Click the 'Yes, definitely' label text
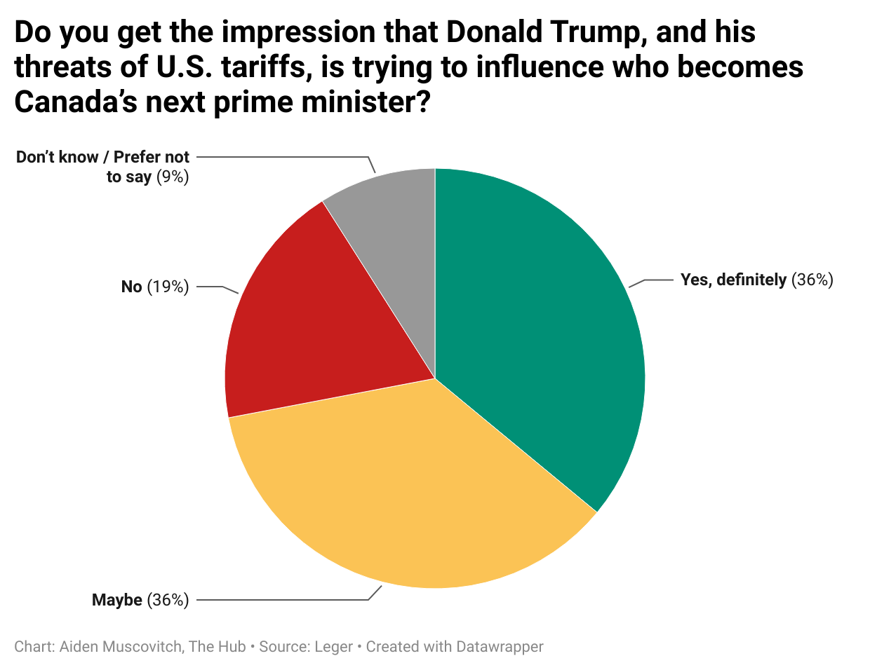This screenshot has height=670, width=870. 733,280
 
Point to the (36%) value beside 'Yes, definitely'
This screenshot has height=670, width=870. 812,280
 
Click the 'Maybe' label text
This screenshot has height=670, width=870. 117,600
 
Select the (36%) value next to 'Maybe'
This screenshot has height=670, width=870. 168,600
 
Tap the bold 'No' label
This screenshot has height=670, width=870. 131,287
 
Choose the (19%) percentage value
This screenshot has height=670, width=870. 168,287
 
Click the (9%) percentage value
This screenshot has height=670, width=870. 173,177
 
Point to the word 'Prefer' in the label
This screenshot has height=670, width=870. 138,157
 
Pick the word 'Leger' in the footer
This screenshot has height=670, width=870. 334,646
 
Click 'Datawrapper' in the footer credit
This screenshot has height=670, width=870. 500,646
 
